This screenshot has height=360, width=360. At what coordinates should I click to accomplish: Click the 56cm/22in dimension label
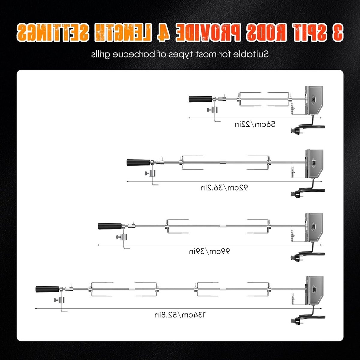point(255,124)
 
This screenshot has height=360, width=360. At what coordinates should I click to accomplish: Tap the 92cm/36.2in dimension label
point(224,187)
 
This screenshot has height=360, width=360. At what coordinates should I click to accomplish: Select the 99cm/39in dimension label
point(209,251)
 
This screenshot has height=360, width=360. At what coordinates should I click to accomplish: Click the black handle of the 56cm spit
point(200,99)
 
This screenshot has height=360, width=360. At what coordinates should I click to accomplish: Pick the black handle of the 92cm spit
point(138,162)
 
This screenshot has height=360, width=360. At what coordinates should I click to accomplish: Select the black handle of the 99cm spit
point(110,226)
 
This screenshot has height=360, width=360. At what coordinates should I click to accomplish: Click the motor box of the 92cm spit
point(314,164)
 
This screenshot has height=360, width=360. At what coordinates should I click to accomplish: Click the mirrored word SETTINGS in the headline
point(52,32)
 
